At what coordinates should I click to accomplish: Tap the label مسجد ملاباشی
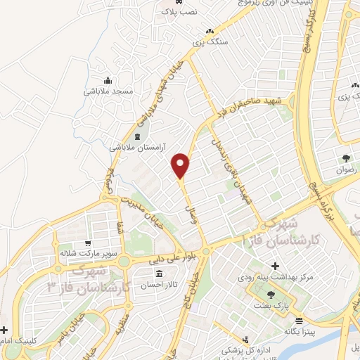106,91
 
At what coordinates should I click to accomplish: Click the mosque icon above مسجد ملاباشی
107,79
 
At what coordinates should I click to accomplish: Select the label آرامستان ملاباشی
137,147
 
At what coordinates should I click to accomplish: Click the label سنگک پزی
210,42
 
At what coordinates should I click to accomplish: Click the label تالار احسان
160,285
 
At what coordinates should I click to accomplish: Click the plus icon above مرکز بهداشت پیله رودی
276,266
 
